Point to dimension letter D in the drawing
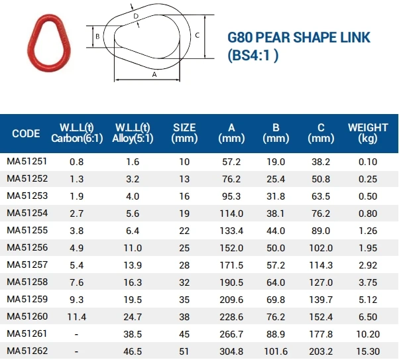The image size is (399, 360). (x=136, y=16)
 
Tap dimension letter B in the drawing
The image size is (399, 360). (x=97, y=36)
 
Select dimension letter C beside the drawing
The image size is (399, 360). (x=198, y=35)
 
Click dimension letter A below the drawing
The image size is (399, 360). (x=154, y=75)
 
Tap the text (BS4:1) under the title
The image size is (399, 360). (x=253, y=55)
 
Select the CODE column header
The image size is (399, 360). (x=26, y=133)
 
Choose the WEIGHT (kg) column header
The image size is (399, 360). (x=368, y=133)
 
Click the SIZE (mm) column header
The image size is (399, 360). (x=184, y=133)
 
